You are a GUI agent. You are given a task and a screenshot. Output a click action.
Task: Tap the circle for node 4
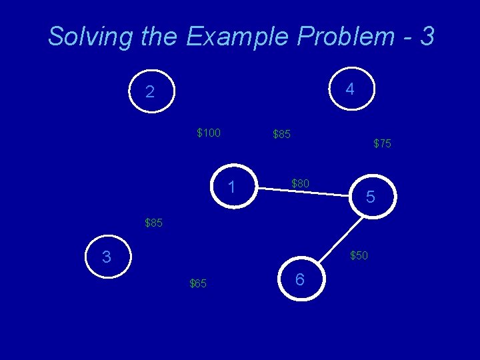[x=350, y=89]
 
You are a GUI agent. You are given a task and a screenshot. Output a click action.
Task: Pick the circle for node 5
[x=371, y=197]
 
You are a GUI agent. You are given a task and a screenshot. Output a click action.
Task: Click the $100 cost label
[x=209, y=133]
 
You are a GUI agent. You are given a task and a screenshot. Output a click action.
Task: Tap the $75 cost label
[x=382, y=143]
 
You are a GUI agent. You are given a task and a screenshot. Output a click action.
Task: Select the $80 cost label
[x=300, y=183]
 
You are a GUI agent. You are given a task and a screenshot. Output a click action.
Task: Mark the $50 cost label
[x=359, y=255]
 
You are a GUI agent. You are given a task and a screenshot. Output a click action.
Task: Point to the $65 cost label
[x=198, y=284]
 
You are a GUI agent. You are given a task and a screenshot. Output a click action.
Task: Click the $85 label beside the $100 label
[x=281, y=135]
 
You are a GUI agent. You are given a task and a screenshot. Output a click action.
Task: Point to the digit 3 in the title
[x=427, y=36]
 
